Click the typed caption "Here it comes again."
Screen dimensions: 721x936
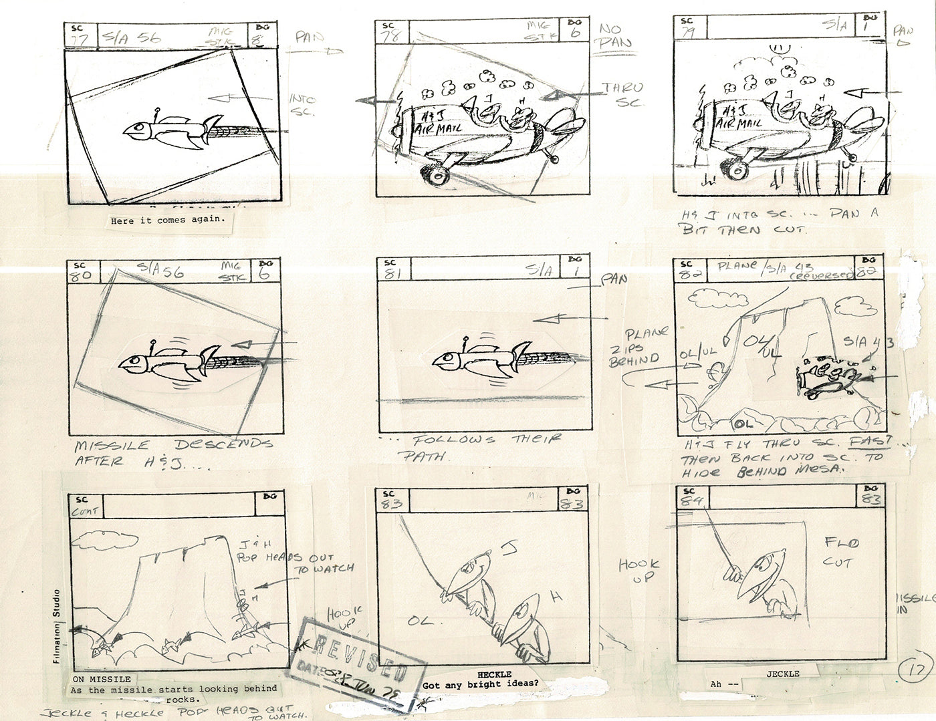(168, 221)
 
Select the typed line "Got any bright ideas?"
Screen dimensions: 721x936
(480, 685)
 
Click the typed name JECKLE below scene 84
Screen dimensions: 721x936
(784, 673)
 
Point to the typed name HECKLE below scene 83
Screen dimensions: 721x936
(495, 674)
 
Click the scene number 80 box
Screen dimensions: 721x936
(84, 272)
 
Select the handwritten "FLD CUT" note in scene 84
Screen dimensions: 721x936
(837, 551)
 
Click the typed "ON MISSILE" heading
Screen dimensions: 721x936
(102, 679)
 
